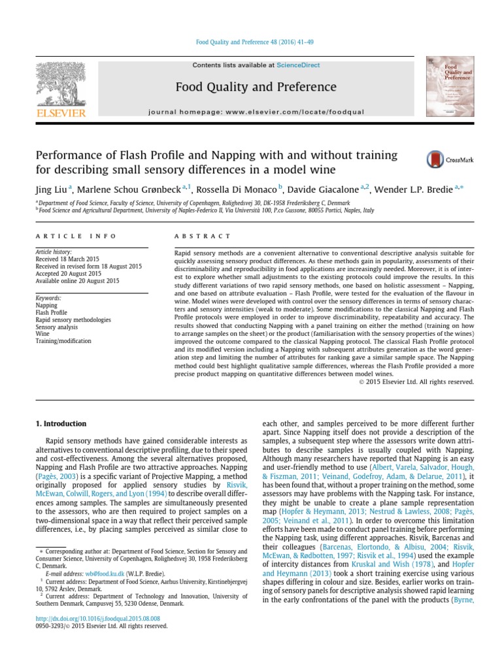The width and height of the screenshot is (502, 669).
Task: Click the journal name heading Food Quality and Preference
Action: click(x=256, y=87)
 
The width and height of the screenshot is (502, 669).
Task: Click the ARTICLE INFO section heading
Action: click(x=75, y=236)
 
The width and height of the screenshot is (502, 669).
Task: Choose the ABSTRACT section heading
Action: click(x=203, y=236)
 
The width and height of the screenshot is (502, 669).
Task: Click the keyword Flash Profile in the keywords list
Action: click(x=51, y=312)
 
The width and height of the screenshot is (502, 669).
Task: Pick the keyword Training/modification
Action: click(x=63, y=341)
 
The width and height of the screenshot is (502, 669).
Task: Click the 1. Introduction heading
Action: click(x=60, y=424)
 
